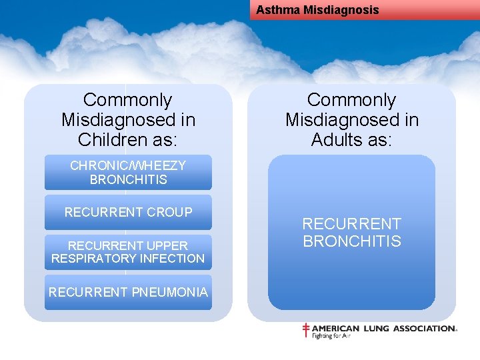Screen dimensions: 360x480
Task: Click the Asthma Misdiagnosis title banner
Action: tap(365, 10)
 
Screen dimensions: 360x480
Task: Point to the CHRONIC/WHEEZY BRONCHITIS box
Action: tap(128, 173)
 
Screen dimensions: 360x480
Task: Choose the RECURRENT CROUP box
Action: tap(128, 212)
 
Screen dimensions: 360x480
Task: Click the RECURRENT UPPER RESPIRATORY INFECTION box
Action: tap(128, 252)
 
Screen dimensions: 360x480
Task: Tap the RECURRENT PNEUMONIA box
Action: tap(128, 292)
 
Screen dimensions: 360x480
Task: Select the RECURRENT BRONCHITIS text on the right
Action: tap(352, 233)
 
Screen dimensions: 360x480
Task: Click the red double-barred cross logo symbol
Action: tap(306, 330)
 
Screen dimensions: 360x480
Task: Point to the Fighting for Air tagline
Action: tap(331, 336)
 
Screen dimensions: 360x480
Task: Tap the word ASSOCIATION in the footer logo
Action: tap(424, 329)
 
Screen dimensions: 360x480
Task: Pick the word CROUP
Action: tap(169, 212)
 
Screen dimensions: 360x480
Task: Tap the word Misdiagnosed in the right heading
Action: tap(352, 120)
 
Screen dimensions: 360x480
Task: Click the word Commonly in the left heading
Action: tap(127, 100)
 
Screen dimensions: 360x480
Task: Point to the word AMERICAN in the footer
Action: tap(336, 329)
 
